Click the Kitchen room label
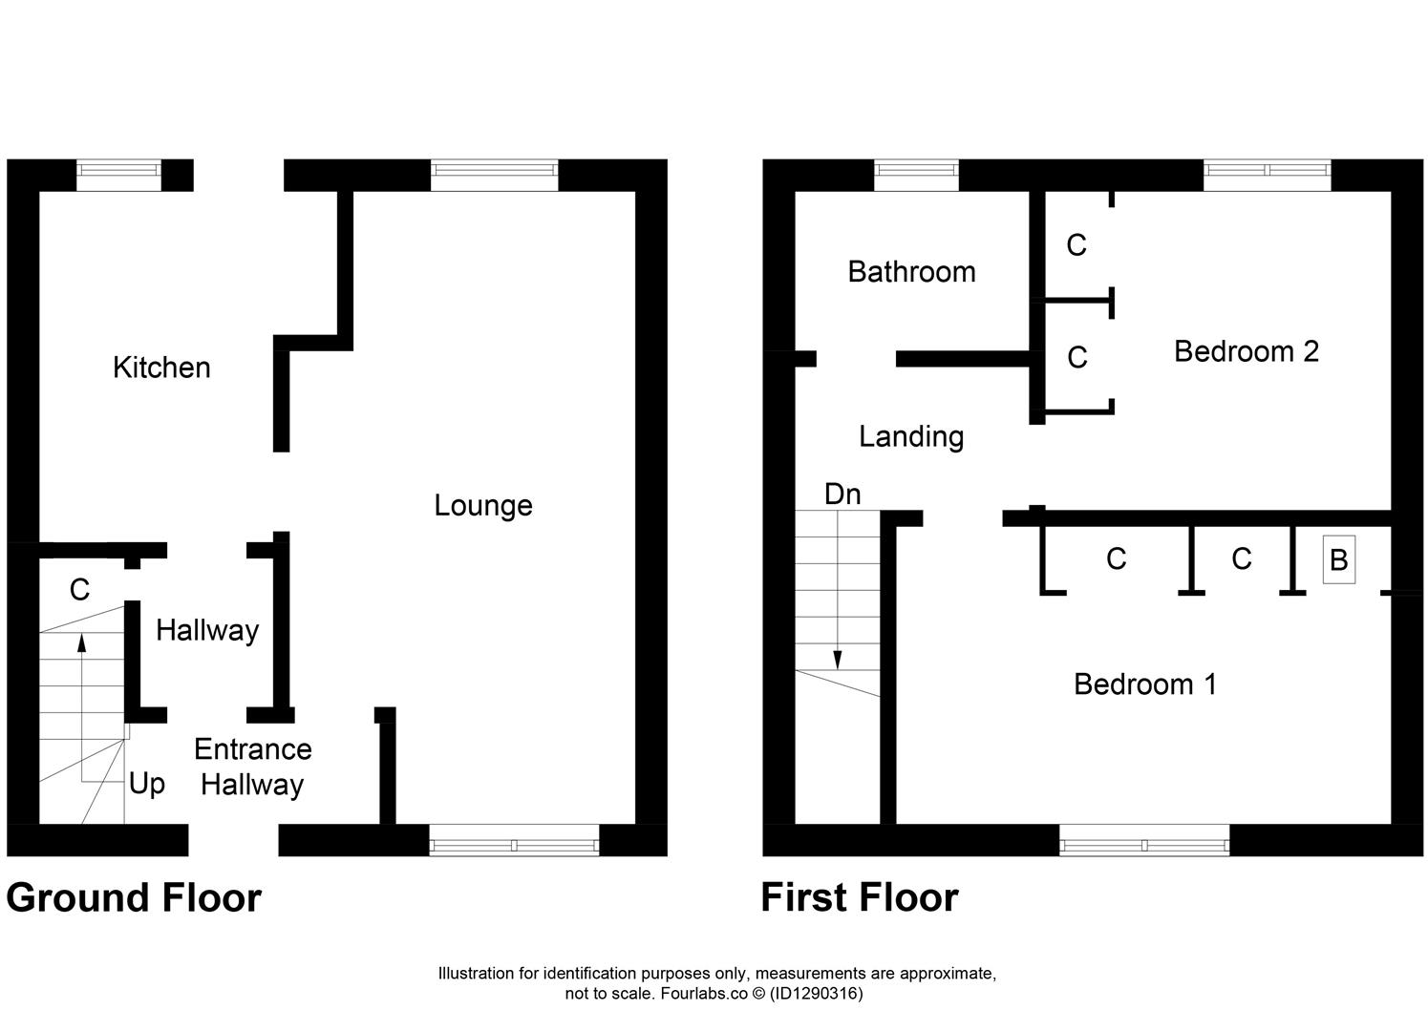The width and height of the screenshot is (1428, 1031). [161, 368]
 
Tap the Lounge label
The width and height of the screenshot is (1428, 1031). [482, 505]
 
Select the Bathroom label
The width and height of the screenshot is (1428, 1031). [911, 272]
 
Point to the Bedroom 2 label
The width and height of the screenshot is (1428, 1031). [1246, 351]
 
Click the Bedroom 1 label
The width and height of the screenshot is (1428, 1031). [1144, 684]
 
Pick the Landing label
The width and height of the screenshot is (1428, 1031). [910, 436]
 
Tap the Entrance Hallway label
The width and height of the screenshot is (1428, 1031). [252, 767]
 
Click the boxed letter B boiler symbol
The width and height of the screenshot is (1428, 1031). [1338, 559]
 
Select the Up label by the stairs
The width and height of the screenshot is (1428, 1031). [147, 784]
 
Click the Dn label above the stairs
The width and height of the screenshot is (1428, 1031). [842, 494]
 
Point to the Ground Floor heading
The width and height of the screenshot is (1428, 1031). [134, 898]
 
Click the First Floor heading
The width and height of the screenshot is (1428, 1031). [859, 898]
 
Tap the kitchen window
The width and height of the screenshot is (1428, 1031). [118, 170]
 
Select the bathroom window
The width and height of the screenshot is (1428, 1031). [916, 170]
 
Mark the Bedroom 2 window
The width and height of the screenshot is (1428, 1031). [1267, 170]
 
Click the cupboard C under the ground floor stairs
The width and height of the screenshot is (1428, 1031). [79, 591]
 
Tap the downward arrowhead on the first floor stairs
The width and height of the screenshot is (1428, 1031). [838, 660]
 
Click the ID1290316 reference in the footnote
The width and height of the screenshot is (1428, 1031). [817, 994]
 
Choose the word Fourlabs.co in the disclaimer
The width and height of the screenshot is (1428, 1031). [702, 994]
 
